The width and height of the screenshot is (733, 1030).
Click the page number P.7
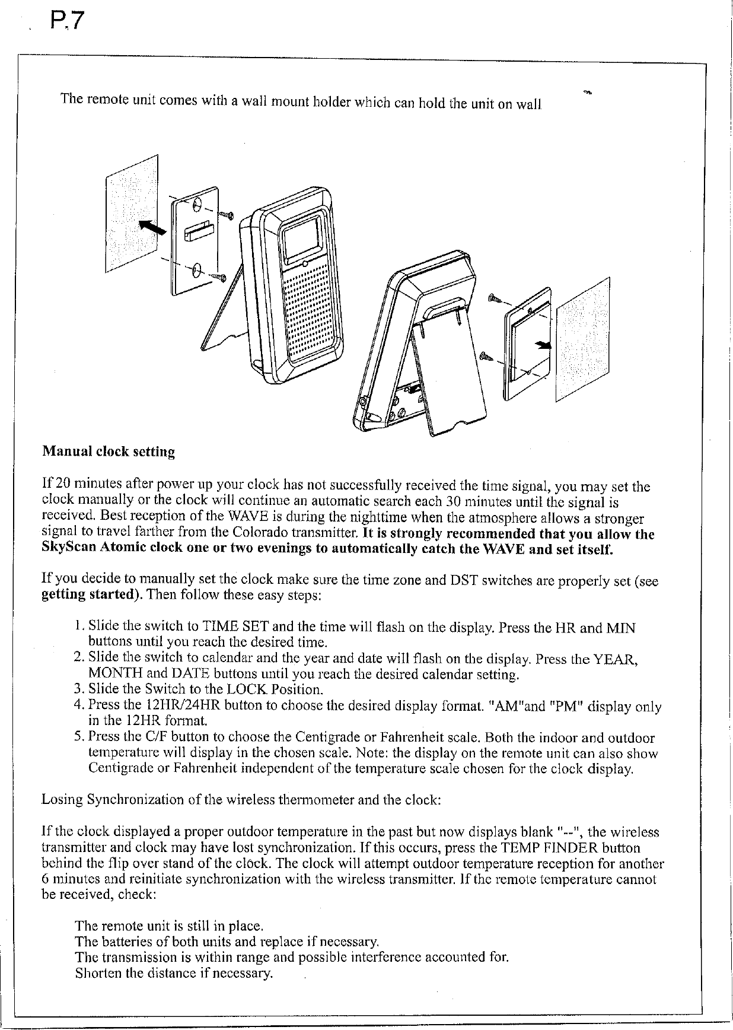[x=69, y=24]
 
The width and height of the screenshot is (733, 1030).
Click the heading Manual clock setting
[x=109, y=452]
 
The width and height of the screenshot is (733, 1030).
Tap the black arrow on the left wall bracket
[x=151, y=228]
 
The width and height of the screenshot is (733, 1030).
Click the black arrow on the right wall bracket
[x=543, y=345]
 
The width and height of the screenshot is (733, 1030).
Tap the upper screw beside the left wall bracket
[x=225, y=215]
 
